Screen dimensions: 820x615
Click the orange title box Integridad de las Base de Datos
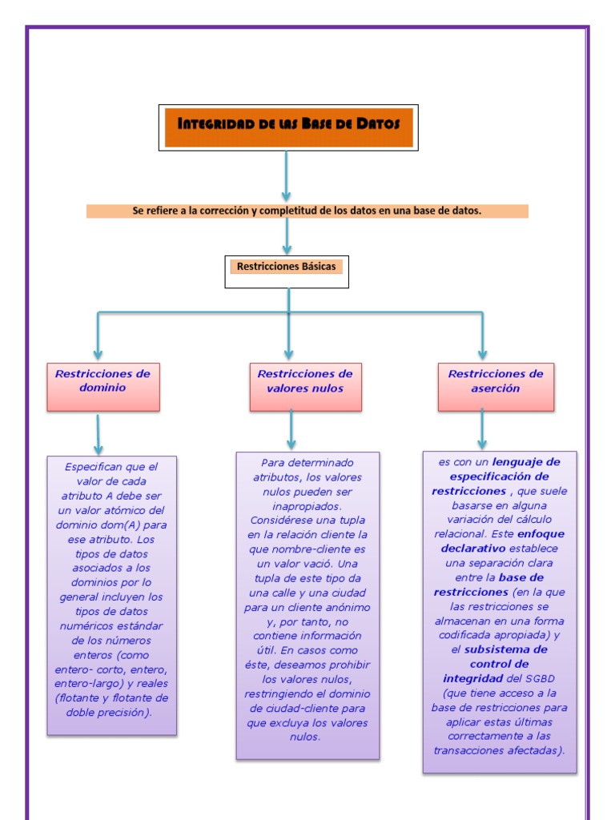click(288, 127)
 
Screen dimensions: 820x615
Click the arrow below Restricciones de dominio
click(98, 434)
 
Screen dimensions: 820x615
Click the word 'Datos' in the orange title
click(378, 123)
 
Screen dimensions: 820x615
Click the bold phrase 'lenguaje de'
click(526, 462)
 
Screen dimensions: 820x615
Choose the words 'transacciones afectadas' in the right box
click(499, 750)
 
